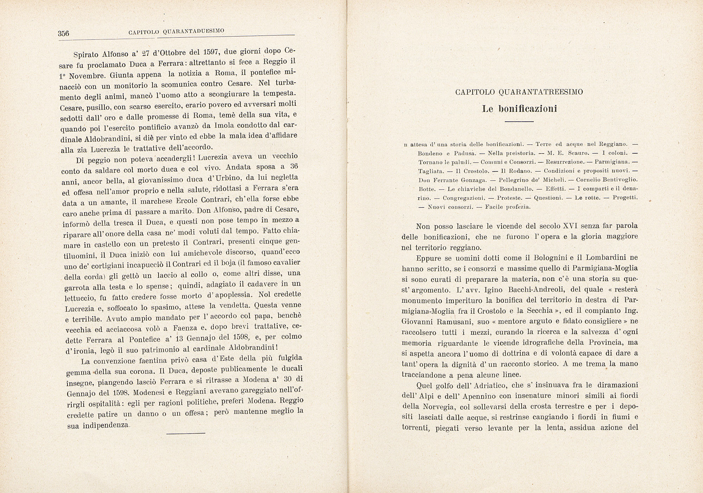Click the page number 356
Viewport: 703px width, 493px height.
click(x=64, y=33)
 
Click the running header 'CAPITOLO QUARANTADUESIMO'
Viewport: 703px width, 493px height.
click(x=176, y=32)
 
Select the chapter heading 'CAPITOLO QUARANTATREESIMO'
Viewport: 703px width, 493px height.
click(x=519, y=92)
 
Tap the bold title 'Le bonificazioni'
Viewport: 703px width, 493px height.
click(x=520, y=109)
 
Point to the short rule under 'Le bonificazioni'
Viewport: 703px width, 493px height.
click(x=519, y=122)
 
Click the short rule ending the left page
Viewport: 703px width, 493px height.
click(x=186, y=433)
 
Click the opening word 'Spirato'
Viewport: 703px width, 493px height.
click(x=87, y=55)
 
